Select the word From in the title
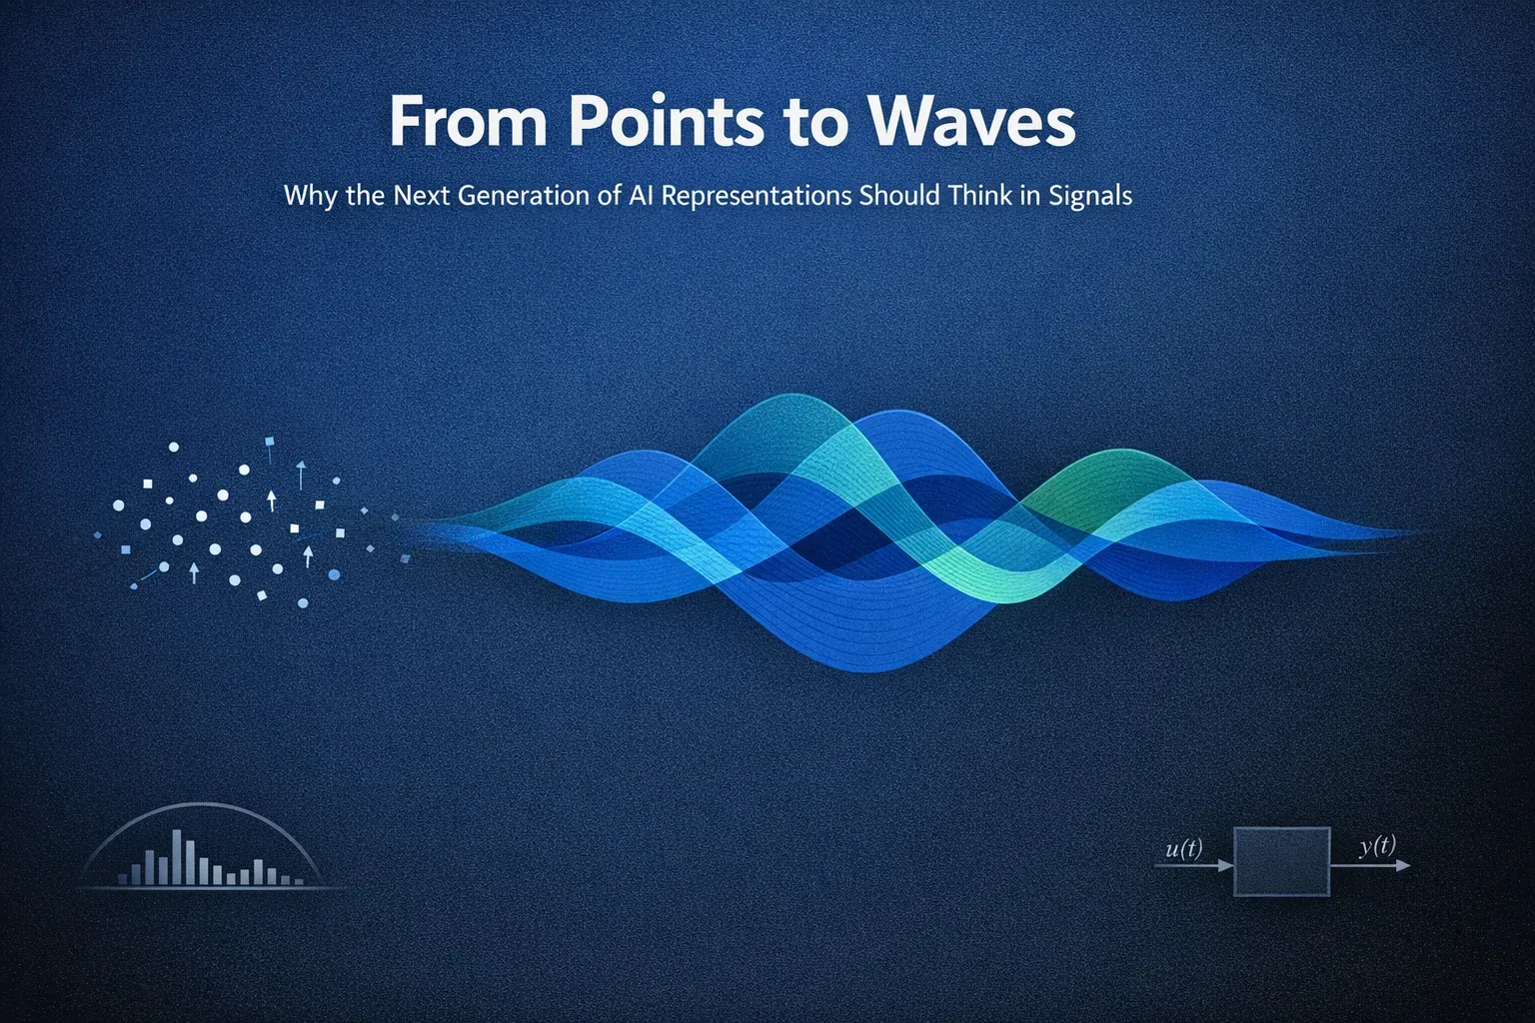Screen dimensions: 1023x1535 click(x=468, y=122)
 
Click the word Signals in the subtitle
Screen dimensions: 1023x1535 click(x=1090, y=195)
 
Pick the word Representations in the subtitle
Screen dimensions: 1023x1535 click(x=757, y=195)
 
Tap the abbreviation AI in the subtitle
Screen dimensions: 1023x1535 click(x=641, y=195)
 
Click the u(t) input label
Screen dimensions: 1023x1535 click(x=1184, y=849)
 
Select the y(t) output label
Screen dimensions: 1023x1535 click(x=1377, y=846)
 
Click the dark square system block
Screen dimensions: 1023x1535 click(x=1282, y=861)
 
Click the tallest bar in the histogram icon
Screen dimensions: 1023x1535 click(x=177, y=857)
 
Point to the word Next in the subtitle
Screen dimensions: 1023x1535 click(x=422, y=195)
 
